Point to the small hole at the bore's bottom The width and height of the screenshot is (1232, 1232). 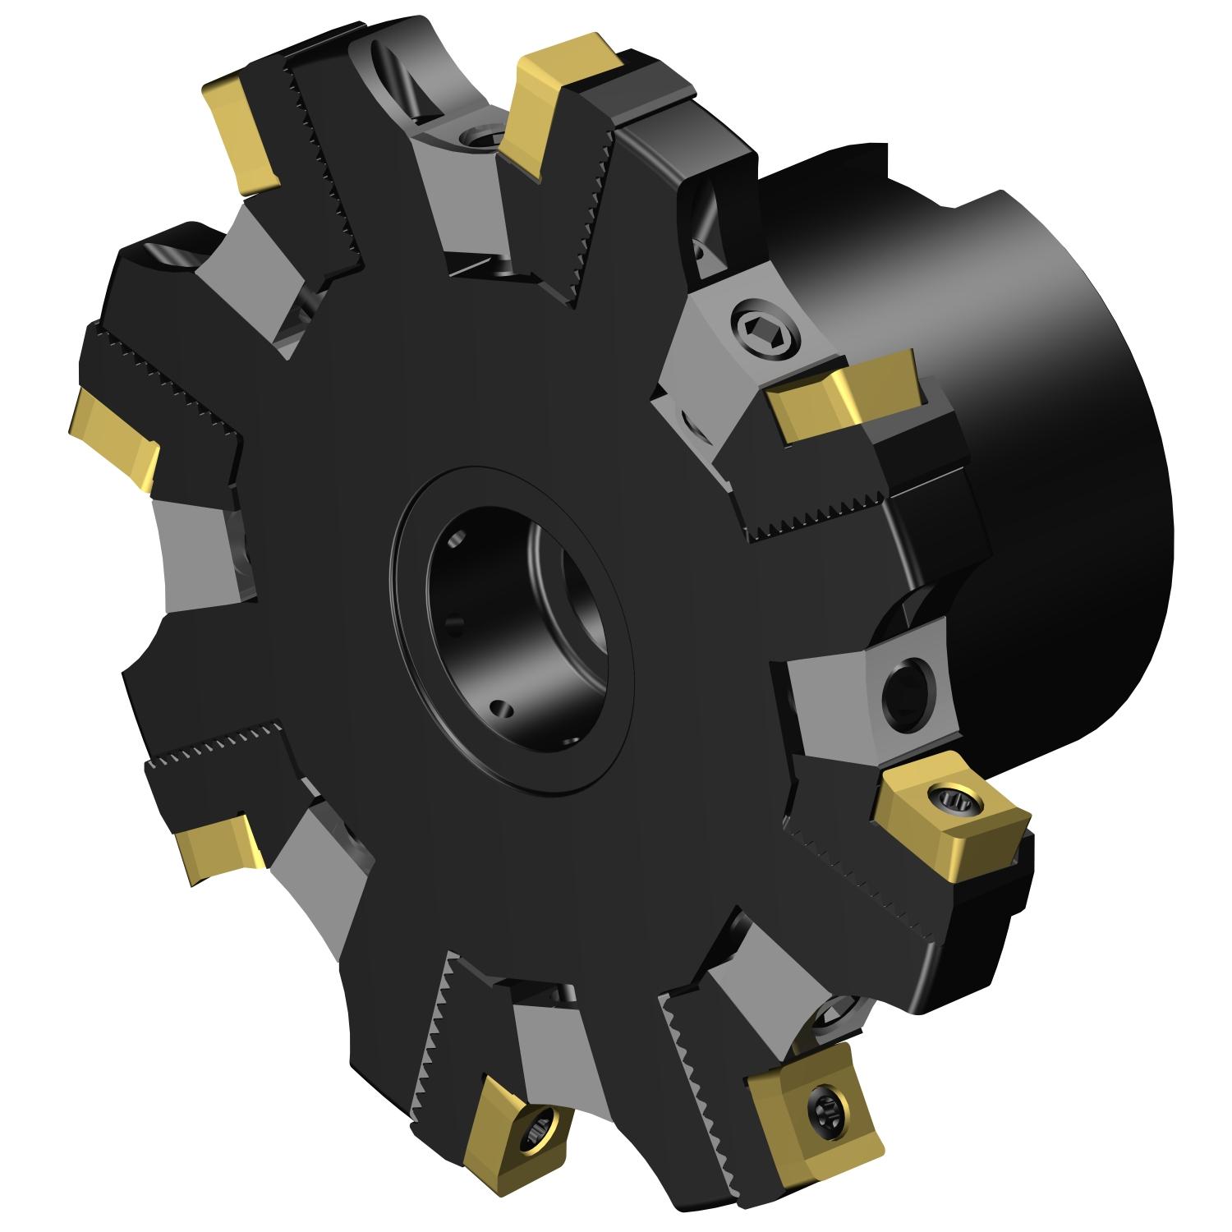pos(498,707)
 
